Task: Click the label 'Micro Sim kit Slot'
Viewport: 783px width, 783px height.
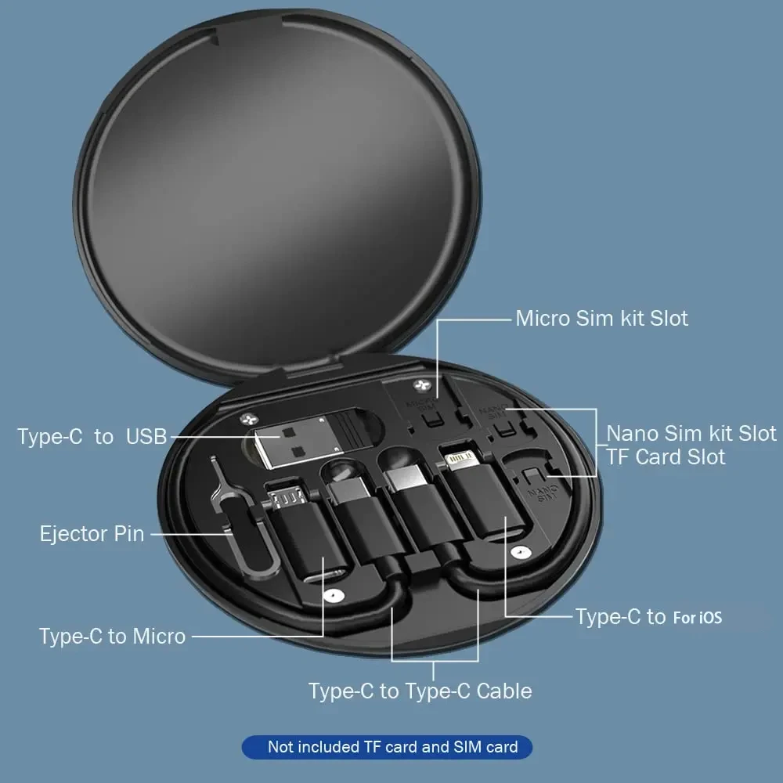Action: click(x=601, y=319)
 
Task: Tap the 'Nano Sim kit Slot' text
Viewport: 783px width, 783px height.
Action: click(x=691, y=433)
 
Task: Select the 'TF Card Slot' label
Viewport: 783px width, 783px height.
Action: click(x=666, y=457)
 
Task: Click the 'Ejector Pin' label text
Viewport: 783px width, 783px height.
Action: click(x=92, y=534)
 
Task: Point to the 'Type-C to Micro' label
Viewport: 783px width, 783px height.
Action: click(x=112, y=636)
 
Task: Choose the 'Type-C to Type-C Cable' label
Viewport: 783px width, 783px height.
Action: click(x=420, y=691)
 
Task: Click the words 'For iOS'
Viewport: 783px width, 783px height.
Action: click(x=697, y=618)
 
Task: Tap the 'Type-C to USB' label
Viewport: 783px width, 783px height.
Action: click(x=92, y=436)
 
